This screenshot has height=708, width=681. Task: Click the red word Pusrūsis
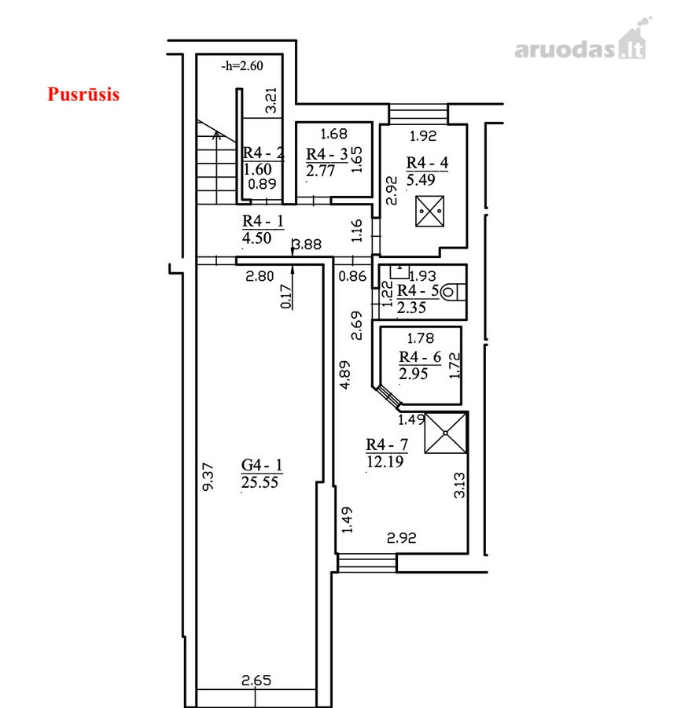tap(83, 94)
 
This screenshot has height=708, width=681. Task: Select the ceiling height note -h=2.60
tap(242, 66)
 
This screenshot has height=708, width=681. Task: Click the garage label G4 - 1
tap(262, 465)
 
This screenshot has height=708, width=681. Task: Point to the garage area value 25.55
tap(260, 482)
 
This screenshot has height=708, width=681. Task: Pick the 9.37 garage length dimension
tap(208, 477)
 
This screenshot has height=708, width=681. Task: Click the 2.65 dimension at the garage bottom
tap(256, 680)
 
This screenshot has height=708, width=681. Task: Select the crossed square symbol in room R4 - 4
tap(429, 211)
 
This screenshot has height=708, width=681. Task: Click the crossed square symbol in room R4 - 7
tap(445, 433)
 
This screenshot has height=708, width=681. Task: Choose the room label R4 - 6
tap(420, 357)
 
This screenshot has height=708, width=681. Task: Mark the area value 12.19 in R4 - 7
tap(385, 462)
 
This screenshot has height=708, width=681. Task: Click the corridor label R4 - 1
tap(263, 221)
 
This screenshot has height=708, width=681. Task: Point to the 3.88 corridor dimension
tap(307, 245)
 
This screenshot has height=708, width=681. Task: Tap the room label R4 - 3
tap(327, 154)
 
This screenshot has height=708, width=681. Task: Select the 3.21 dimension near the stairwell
tap(271, 100)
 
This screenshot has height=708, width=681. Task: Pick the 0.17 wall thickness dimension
tap(286, 297)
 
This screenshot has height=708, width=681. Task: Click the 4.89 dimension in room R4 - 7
tap(344, 374)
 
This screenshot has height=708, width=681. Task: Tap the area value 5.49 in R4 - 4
tap(421, 179)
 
